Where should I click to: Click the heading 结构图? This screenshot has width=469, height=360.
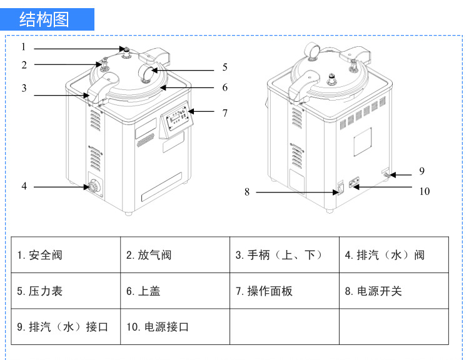point(44,19)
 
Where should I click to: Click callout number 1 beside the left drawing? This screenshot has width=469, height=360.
point(23,47)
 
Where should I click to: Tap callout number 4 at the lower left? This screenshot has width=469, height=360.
point(24,186)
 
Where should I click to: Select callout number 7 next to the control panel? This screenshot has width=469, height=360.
point(225,113)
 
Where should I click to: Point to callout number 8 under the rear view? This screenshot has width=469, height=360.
point(247,192)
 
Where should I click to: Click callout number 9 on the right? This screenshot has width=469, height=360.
point(421,171)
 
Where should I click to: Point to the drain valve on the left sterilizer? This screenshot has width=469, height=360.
point(93,186)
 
